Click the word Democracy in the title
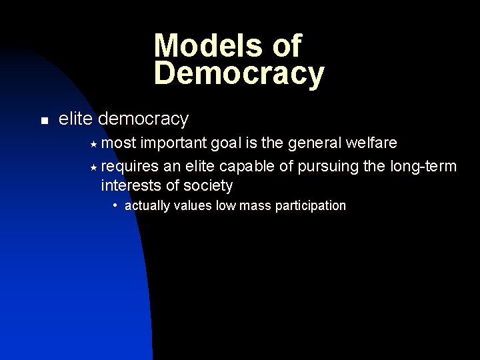pos(239,73)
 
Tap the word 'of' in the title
pos(286,46)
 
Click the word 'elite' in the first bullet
pos(75,119)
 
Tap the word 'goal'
pos(223,143)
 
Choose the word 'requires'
pos(129,165)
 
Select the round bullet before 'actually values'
pos(116,204)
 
